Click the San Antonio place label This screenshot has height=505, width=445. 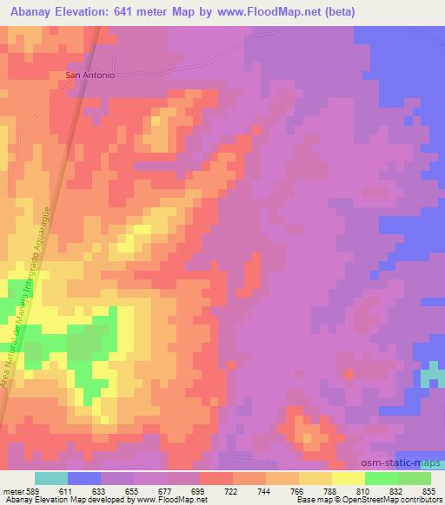click(x=90, y=75)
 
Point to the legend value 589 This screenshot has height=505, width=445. click(x=35, y=490)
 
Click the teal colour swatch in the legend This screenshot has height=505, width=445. click(x=51, y=478)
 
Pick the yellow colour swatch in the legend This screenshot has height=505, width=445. click(x=348, y=478)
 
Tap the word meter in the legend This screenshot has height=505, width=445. click(x=14, y=490)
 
